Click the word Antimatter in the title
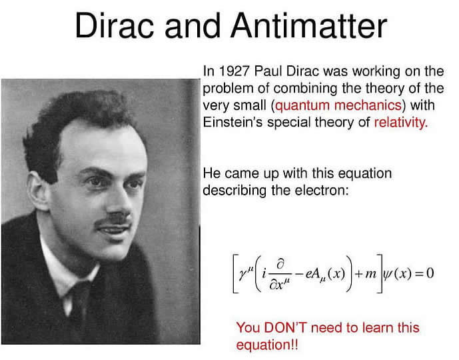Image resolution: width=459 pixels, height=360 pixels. [x=309, y=25]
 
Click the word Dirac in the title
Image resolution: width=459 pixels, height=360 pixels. [x=115, y=25]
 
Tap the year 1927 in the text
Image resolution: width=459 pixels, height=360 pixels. [x=234, y=71]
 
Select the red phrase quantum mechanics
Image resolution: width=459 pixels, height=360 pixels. [x=338, y=106]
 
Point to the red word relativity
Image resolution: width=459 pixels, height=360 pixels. [x=401, y=123]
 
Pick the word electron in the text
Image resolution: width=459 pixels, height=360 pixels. [x=322, y=191]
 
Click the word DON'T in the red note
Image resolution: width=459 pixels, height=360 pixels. [x=285, y=327]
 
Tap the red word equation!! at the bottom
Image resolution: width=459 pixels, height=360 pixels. [x=267, y=345]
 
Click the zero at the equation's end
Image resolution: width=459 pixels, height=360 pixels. [x=430, y=273]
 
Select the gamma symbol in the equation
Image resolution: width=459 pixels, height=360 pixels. [x=242, y=275]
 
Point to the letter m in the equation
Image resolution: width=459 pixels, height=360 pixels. [x=371, y=274]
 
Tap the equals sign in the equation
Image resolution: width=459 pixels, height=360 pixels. [x=420, y=274]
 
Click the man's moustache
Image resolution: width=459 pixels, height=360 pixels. [x=113, y=220]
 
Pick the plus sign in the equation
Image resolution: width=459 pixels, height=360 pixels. [x=358, y=274]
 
